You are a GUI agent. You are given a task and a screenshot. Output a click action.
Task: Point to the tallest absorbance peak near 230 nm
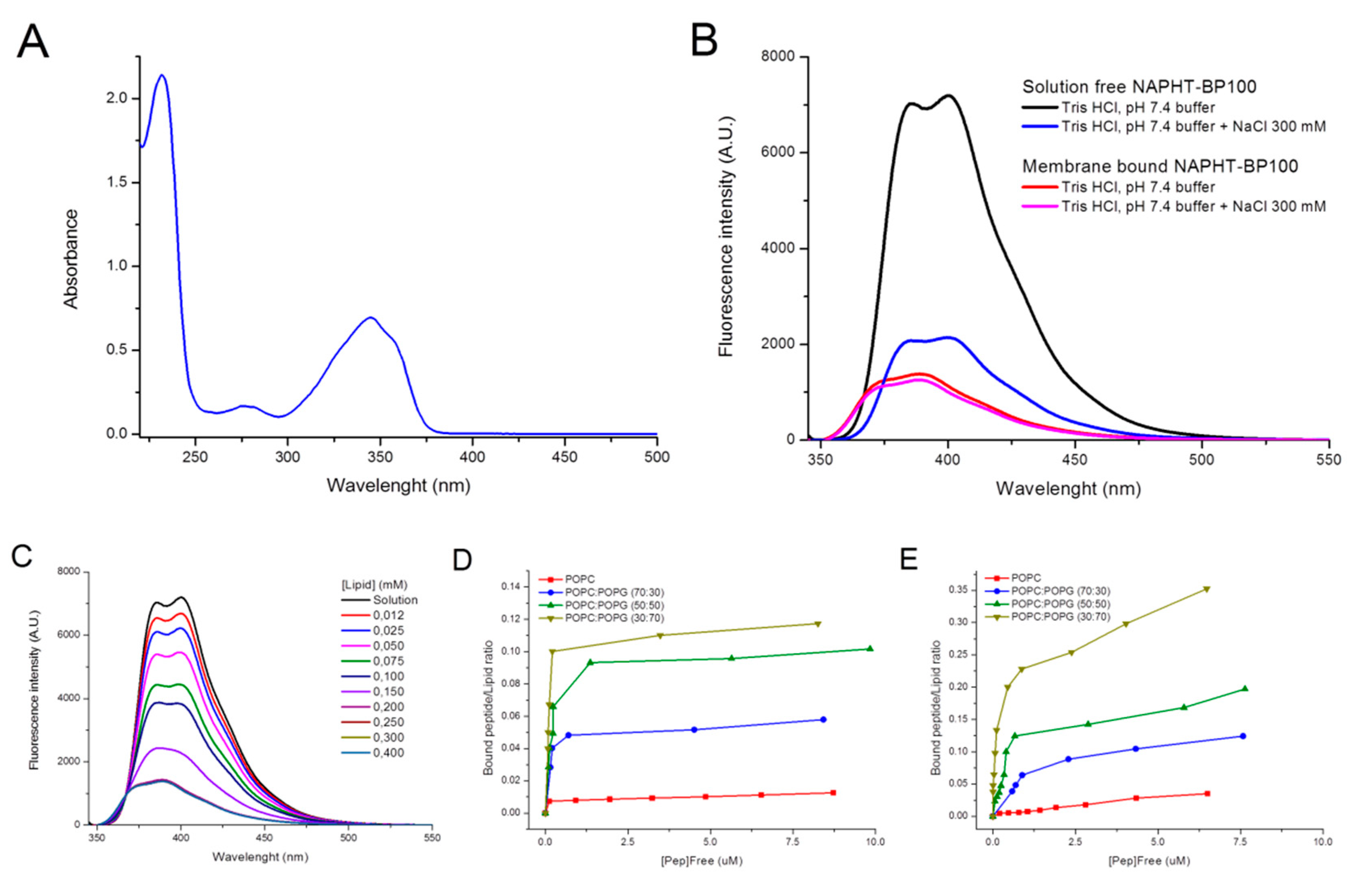pos(162,75)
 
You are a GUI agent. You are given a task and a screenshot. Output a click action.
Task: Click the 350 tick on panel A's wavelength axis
pos(380,457)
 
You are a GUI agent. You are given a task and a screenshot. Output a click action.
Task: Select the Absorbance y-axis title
pos(71,259)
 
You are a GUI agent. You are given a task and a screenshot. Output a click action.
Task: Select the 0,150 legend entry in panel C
pos(388,691)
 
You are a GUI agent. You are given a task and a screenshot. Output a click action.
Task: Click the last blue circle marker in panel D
pos(823,719)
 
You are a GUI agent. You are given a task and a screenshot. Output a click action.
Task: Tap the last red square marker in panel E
pos(1207,793)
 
